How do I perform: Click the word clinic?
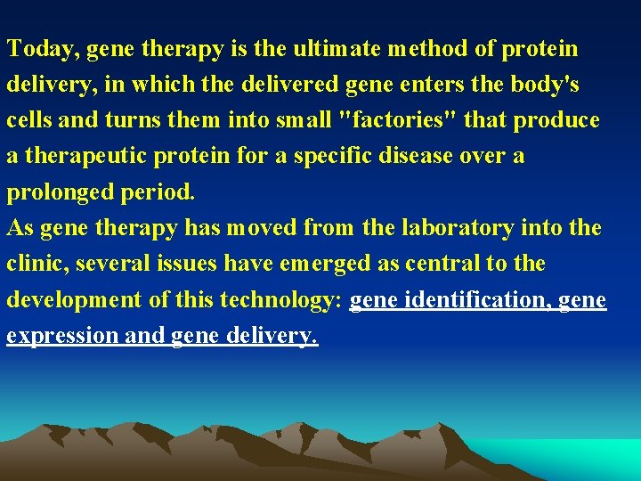tap(35, 265)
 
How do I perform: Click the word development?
tap(73, 300)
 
